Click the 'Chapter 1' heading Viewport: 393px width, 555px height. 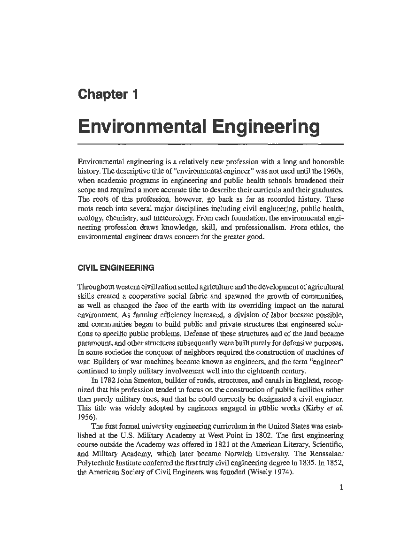click(x=108, y=94)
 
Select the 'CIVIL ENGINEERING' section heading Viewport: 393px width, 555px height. click(x=116, y=268)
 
